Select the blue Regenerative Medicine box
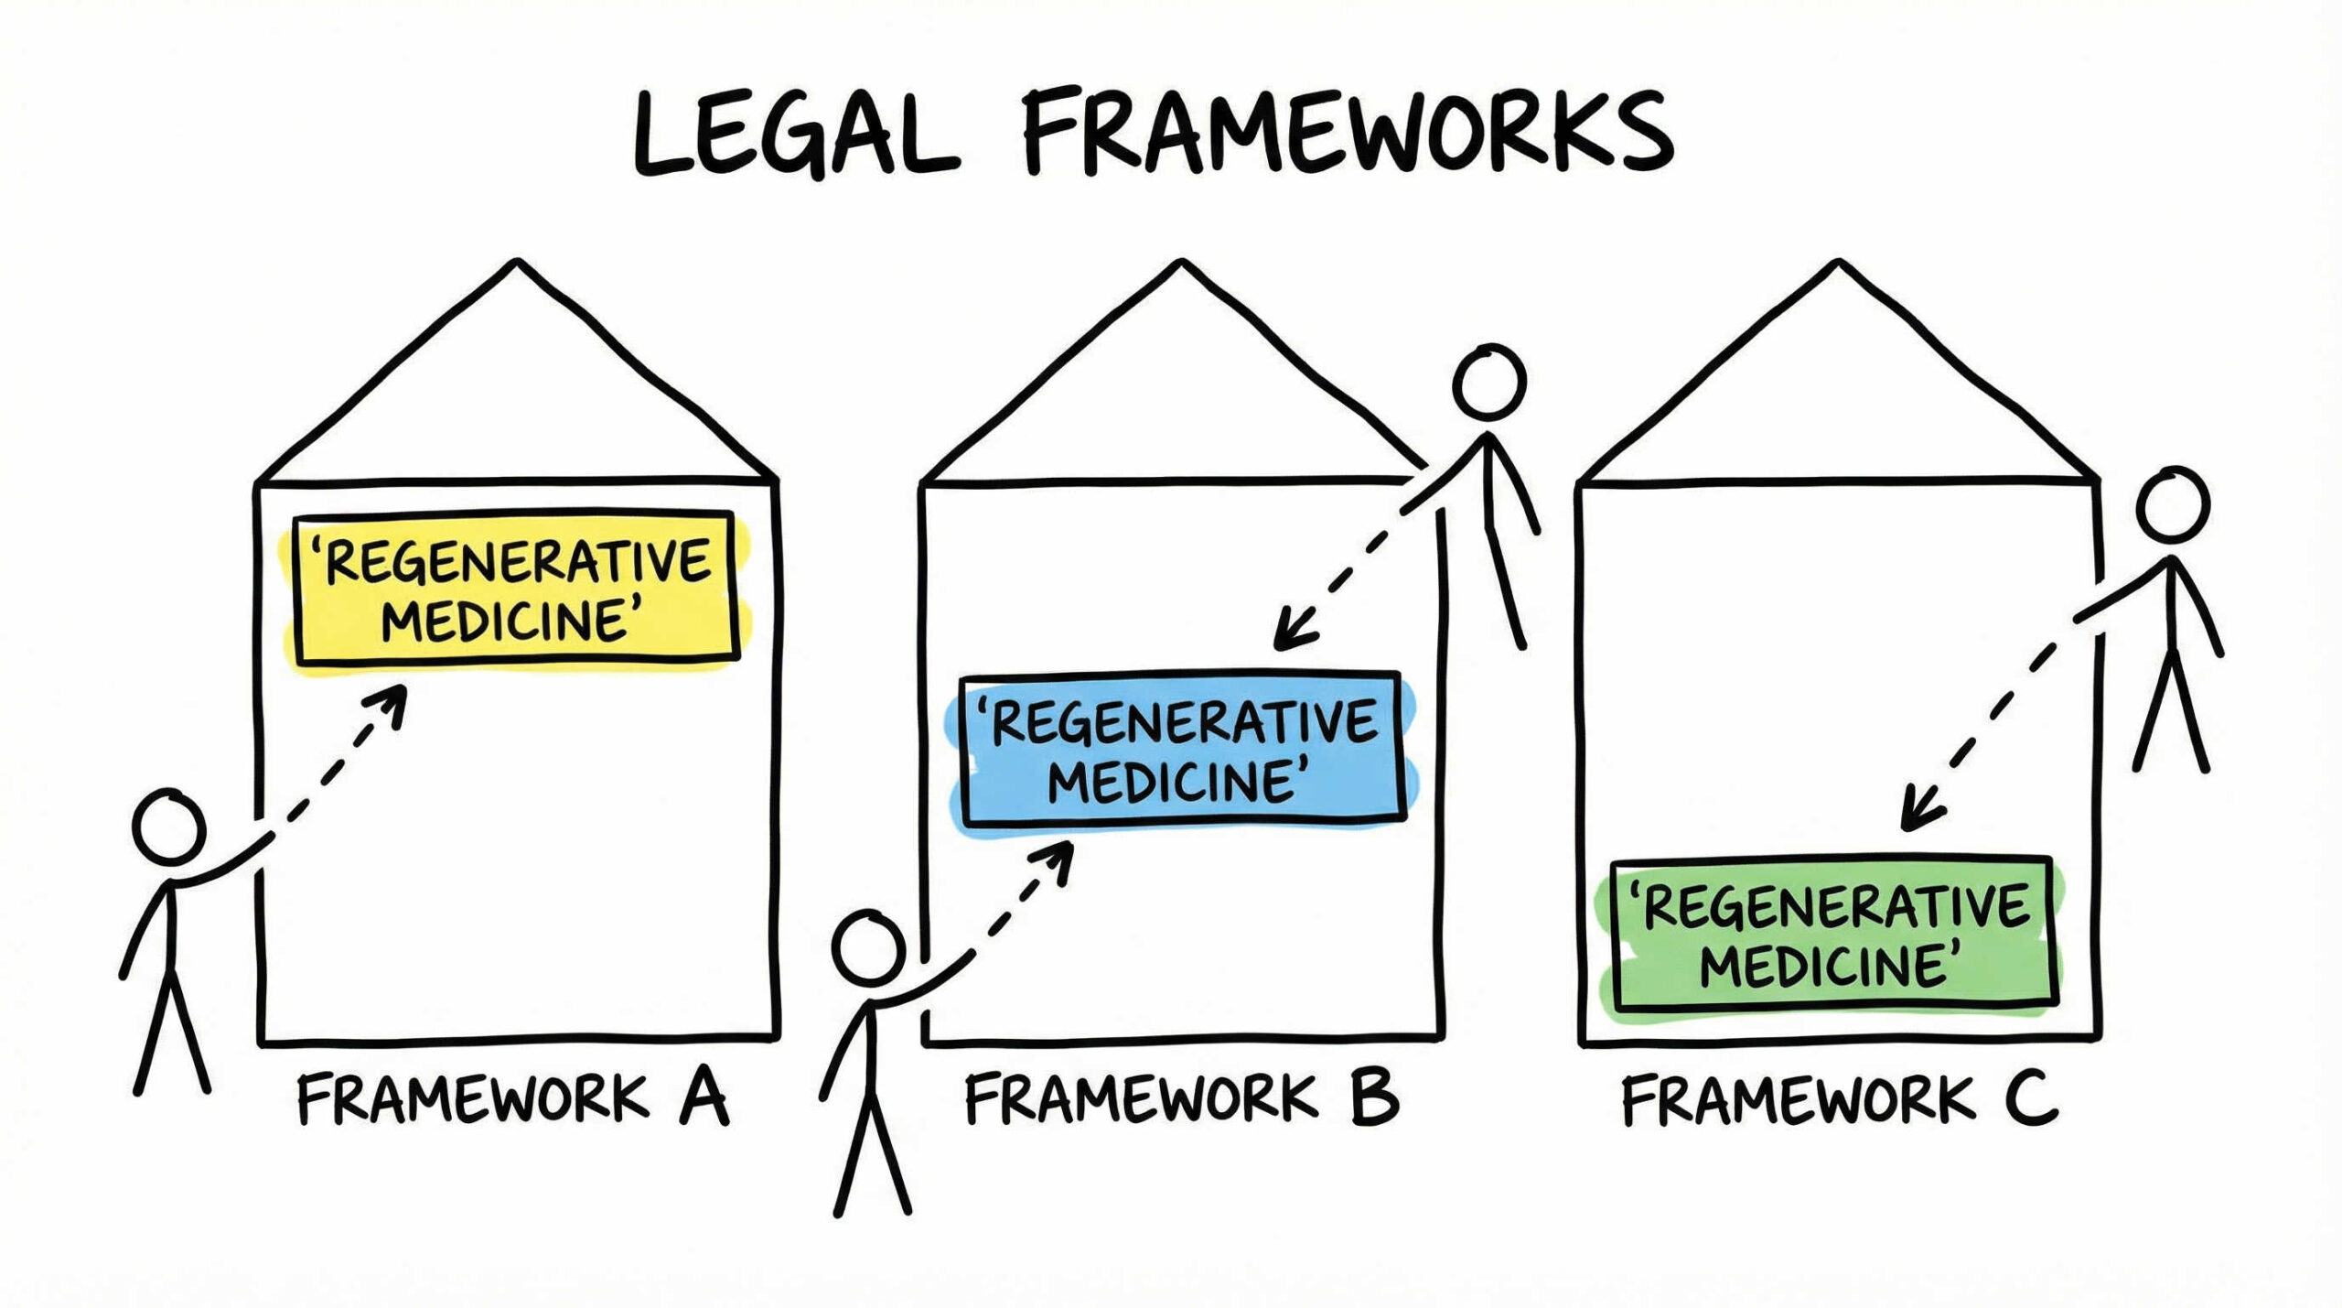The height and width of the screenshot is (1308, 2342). click(1181, 749)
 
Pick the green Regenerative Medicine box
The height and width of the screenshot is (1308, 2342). click(1833, 935)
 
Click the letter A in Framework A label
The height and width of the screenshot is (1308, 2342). click(703, 1098)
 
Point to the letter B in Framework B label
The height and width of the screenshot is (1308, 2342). click(1374, 1098)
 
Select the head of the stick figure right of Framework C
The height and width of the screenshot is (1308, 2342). click(2173, 504)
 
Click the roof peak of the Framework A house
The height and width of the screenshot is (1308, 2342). click(518, 263)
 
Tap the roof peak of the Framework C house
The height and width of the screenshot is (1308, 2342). click(1838, 263)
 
